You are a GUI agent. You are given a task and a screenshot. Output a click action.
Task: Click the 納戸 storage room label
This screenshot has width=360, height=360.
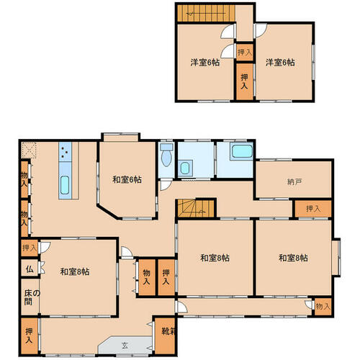(x=294, y=182)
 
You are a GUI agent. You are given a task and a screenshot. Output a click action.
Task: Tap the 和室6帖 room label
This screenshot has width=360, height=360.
(x=127, y=179)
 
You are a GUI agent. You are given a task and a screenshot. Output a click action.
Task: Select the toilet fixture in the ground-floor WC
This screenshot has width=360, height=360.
(x=166, y=155)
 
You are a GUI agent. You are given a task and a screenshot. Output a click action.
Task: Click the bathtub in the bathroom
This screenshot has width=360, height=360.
(x=242, y=151)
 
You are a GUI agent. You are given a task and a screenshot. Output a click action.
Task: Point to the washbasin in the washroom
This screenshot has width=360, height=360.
(x=185, y=168)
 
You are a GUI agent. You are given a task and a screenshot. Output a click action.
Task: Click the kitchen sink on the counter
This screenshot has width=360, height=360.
(x=65, y=185)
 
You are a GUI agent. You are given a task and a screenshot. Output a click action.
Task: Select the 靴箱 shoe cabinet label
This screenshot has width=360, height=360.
(x=168, y=331)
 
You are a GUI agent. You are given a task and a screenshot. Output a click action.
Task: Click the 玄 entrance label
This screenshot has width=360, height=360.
(x=125, y=346)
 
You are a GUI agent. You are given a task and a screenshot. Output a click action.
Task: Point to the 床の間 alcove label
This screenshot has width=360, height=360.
(x=32, y=297)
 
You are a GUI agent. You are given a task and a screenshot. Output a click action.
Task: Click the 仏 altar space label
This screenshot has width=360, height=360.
(x=30, y=269)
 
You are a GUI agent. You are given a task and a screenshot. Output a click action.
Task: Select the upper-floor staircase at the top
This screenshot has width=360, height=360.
(x=206, y=14)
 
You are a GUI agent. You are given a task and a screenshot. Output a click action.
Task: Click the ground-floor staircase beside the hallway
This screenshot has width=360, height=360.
(x=196, y=208)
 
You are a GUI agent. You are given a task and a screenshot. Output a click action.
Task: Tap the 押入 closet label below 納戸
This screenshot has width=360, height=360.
(x=313, y=209)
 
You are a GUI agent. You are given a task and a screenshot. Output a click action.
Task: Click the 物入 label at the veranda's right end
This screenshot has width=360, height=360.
(x=323, y=307)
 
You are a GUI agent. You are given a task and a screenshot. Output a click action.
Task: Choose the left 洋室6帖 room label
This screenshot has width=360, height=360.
(x=205, y=63)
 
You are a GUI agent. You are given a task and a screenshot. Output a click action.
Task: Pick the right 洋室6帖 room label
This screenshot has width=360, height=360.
(x=280, y=63)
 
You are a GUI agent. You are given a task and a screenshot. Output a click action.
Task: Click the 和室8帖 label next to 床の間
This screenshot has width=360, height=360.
(x=75, y=271)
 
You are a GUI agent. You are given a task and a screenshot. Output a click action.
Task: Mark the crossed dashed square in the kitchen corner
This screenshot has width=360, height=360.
(x=29, y=150)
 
